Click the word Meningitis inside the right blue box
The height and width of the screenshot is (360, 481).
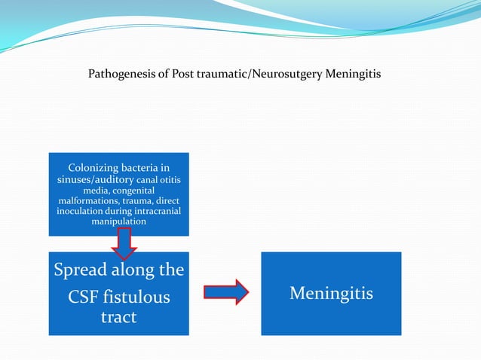[331, 292]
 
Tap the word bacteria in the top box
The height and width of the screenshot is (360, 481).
[138, 167]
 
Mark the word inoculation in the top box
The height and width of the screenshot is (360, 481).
[85, 212]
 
